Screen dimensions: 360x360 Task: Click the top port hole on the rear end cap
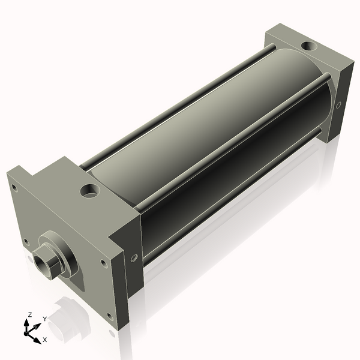tap(310, 46)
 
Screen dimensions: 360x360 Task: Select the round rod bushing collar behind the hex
tap(65, 257)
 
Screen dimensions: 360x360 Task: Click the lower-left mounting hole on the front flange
tap(26, 242)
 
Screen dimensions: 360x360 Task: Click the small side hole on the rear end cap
tap(338, 105)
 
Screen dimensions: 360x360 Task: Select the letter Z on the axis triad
tap(30, 314)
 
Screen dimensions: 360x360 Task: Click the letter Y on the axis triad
tap(44, 319)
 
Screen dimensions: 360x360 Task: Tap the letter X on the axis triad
tap(44, 340)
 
